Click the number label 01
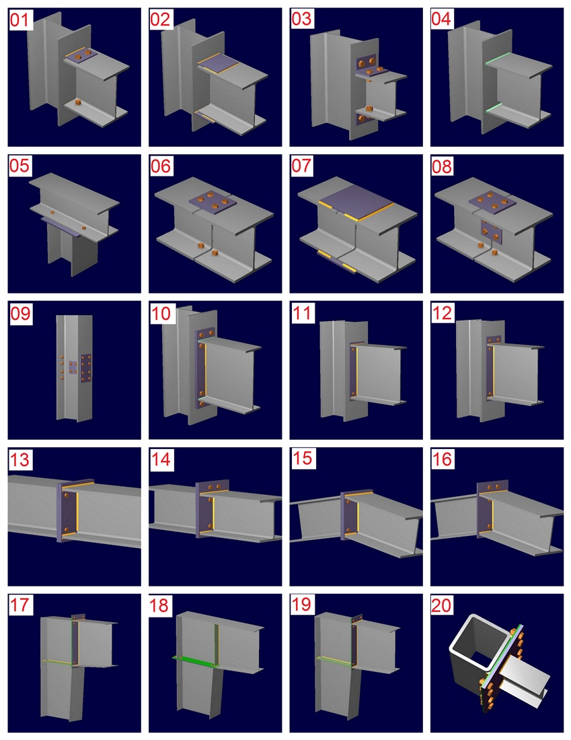pyautogui.click(x=20, y=20)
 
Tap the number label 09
pyautogui.click(x=20, y=313)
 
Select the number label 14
pyautogui.click(x=161, y=459)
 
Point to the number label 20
pyautogui.click(x=441, y=605)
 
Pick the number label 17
pyautogui.click(x=20, y=605)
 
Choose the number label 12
pyautogui.click(x=442, y=313)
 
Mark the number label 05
pyautogui.click(x=20, y=166)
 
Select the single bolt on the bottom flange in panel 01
pyautogui.click(x=78, y=103)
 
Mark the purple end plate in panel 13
pyautogui.click(x=67, y=512)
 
